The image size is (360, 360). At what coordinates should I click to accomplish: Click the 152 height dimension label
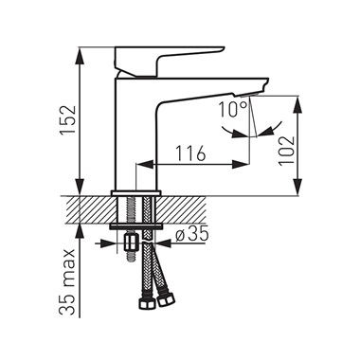(x=68, y=120)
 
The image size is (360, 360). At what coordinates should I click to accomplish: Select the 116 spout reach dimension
(x=190, y=153)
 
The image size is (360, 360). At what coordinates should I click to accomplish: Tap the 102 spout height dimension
(x=286, y=152)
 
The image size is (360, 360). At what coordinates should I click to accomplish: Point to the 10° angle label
(x=233, y=110)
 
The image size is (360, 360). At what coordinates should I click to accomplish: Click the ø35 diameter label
(x=192, y=234)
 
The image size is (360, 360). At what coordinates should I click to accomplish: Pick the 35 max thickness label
(x=67, y=281)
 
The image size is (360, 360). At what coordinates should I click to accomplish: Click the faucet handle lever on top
(x=169, y=62)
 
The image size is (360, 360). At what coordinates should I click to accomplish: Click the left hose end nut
(x=147, y=303)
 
